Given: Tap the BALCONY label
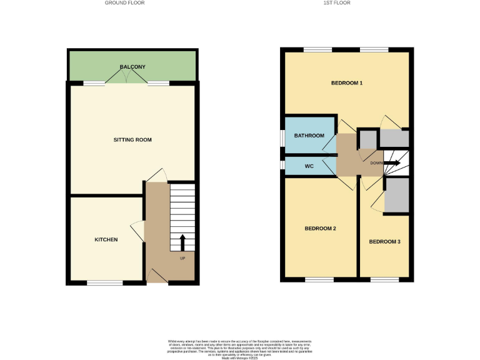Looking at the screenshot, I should pos(132,67).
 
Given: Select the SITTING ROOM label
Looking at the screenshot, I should pos(132,139).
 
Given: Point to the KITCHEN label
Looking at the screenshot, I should pos(106,239).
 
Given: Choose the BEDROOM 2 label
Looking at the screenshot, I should pos(321,229).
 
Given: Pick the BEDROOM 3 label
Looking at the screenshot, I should pos(384,241).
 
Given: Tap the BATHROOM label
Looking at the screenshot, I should pos(309,136).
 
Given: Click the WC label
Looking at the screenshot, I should pos(309,166).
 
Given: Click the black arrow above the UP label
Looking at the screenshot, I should pos(182,241).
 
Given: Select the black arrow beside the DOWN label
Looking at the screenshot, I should pos(392,164).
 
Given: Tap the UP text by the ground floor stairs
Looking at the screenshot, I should pos(182,258).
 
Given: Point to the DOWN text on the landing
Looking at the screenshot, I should pos(376,163).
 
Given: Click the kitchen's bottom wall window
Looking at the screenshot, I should pos(104,283).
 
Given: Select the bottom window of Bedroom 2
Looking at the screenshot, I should pos(319,279).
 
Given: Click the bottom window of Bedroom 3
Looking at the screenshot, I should pos(384,279).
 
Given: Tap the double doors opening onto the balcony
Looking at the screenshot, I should pos(127,77).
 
